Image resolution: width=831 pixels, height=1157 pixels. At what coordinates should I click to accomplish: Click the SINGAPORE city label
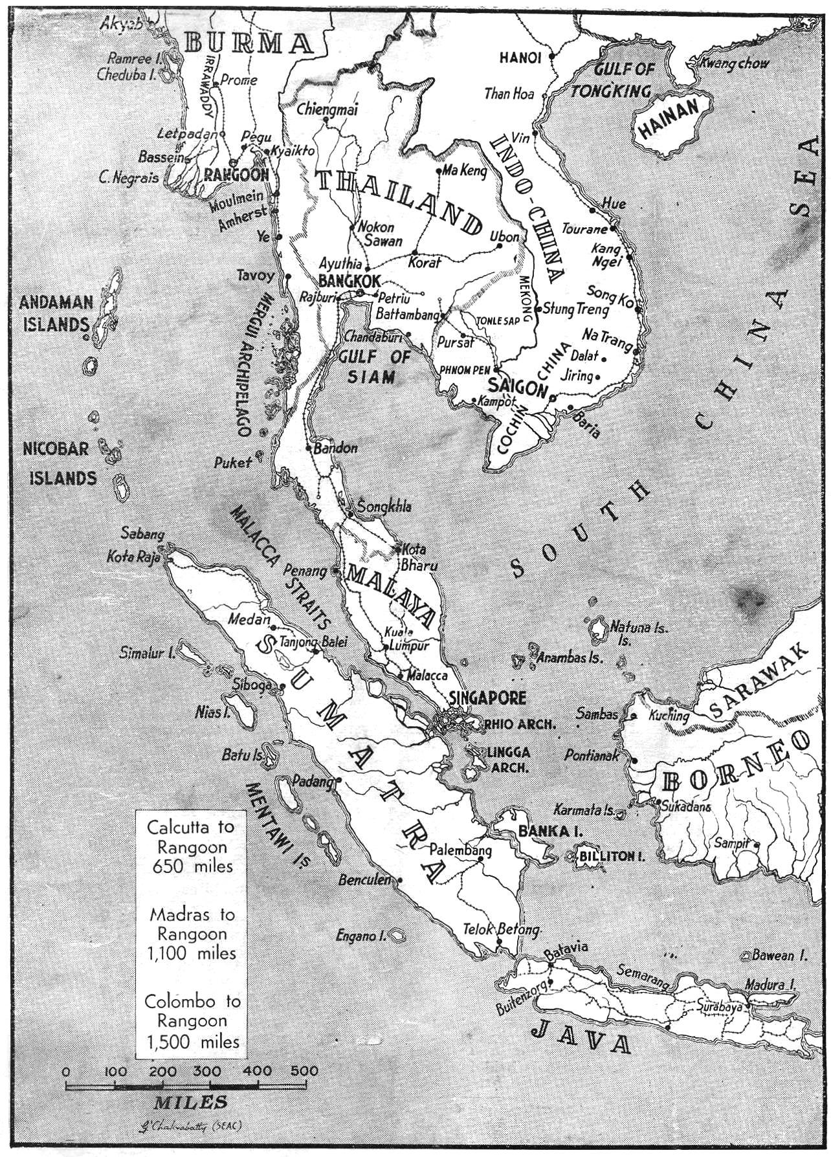pos(487,698)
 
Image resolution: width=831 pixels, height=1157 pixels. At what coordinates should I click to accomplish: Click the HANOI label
pos(520,58)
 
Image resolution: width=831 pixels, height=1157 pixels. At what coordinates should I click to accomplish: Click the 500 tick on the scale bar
pos(304,1071)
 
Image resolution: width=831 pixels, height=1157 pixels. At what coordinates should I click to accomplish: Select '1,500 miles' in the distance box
pos(192,1042)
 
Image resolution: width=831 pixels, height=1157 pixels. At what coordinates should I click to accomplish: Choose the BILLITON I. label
pos(612,856)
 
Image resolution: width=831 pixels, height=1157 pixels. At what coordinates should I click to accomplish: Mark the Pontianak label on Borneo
pos(592,755)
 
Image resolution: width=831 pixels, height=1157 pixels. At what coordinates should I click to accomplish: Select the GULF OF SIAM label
pos(375,366)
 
